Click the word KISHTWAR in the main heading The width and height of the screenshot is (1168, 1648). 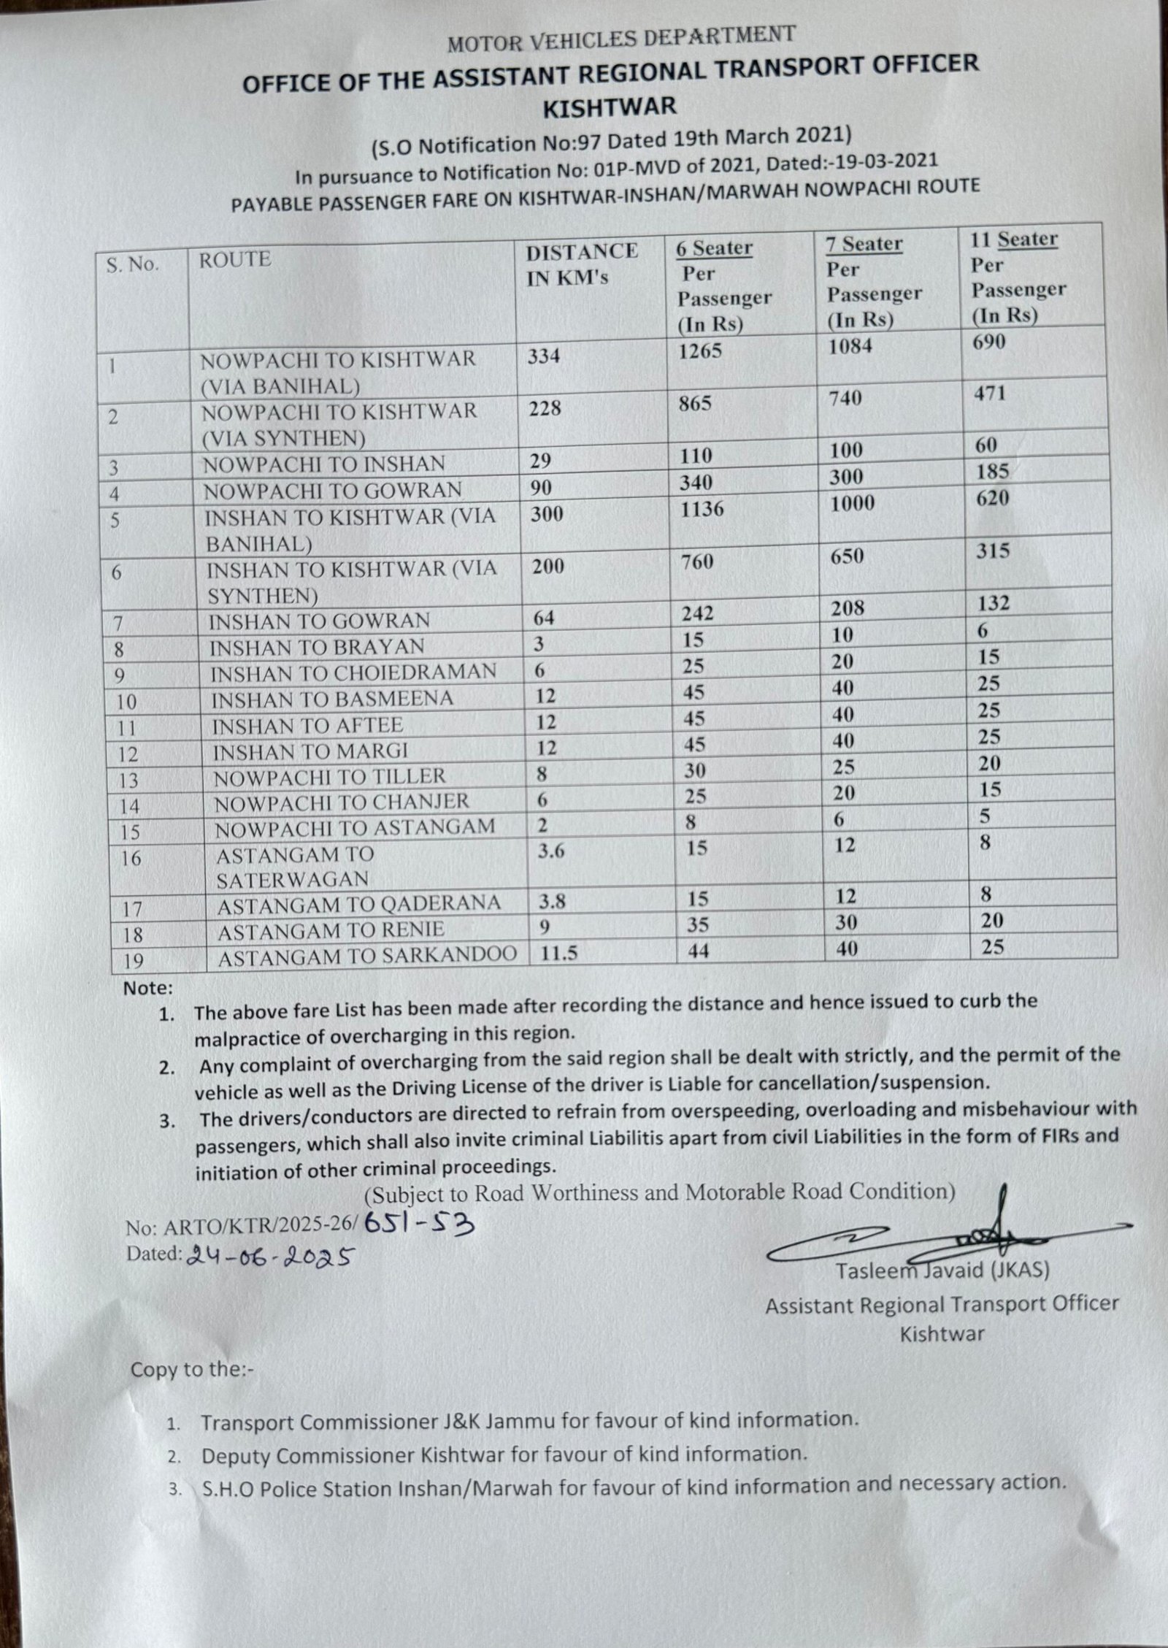coord(610,107)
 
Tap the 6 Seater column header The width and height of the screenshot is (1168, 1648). coord(714,248)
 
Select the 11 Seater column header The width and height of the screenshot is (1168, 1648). coord(1013,239)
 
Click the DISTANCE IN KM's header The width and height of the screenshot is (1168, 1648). coord(582,264)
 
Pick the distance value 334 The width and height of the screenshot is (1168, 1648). coord(544,356)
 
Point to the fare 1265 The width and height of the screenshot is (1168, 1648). coord(699,350)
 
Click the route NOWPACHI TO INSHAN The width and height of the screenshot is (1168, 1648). coord(323,464)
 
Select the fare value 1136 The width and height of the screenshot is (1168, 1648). coord(702,509)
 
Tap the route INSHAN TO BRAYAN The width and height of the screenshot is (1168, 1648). coord(316,648)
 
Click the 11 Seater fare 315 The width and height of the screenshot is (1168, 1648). coord(993,551)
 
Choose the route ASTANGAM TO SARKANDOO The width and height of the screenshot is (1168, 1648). coord(367,956)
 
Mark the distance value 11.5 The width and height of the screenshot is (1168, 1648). coord(559,953)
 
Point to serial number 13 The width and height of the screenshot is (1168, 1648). coord(128,780)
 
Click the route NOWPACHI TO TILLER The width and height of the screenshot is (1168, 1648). coord(329,777)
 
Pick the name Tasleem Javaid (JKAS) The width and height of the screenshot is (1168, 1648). coord(942,1271)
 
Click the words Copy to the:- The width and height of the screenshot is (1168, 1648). coord(192,1369)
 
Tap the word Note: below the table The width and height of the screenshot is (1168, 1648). coord(148,988)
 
